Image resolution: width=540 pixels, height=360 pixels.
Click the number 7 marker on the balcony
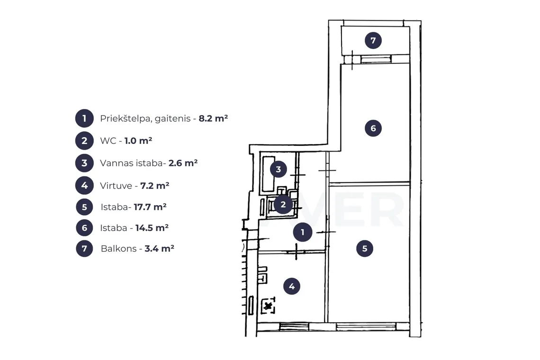pos(373,40)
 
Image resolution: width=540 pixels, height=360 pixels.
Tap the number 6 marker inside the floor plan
pos(373,128)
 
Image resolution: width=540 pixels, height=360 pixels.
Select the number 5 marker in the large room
pos(365,248)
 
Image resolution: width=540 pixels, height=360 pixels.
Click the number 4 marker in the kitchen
pos(292,286)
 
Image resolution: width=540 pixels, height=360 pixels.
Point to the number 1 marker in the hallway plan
pos(303,232)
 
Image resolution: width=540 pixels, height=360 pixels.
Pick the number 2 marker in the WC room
pos(283,204)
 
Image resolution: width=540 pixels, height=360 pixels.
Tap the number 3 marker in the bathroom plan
pos(278,169)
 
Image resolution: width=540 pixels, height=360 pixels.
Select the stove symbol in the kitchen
pos(268,306)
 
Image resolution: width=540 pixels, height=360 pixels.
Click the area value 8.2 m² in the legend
pos(213,118)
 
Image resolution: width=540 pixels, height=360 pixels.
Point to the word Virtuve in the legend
pos(116,186)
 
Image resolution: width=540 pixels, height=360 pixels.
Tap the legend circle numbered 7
pos(84,248)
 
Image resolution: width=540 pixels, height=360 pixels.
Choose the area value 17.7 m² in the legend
pos(150,207)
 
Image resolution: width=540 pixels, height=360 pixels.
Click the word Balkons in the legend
pos(119,248)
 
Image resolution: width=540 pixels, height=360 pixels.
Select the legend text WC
pos(108,141)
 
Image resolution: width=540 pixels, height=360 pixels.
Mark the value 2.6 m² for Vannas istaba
pos(183,163)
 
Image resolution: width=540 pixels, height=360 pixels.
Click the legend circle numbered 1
pos(84,118)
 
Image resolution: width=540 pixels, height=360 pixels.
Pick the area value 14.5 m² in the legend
pos(152,228)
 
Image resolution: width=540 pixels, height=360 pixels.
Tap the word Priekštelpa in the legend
pos(126,118)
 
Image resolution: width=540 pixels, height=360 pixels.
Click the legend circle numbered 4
pos(84,185)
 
